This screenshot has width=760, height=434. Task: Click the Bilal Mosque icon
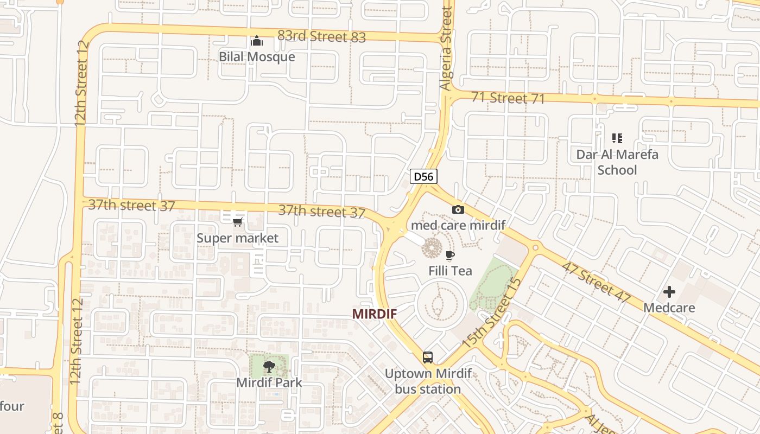256,41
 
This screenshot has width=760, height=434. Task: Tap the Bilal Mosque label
257,56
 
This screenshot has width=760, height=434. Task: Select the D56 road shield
423,176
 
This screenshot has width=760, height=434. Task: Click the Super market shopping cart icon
237,222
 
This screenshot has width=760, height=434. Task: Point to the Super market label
237,238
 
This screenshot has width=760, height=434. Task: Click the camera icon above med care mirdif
458,210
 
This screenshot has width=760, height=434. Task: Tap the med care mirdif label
458,225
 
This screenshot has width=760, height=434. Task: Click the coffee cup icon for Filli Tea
449,255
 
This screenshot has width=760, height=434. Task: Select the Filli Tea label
450,271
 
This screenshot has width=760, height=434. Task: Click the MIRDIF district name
374,314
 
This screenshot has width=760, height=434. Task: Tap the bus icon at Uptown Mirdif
428,358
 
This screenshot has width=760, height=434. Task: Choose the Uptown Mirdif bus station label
428,381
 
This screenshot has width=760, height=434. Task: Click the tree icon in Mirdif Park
269,367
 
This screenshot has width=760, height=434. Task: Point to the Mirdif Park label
269,382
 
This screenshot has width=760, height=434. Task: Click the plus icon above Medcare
669,292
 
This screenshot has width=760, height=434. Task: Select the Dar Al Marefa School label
617,162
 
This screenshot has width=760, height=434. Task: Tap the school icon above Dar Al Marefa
617,138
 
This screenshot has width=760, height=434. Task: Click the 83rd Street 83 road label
321,36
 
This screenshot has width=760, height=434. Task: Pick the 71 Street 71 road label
508,98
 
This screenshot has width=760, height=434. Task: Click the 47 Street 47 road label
596,282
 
